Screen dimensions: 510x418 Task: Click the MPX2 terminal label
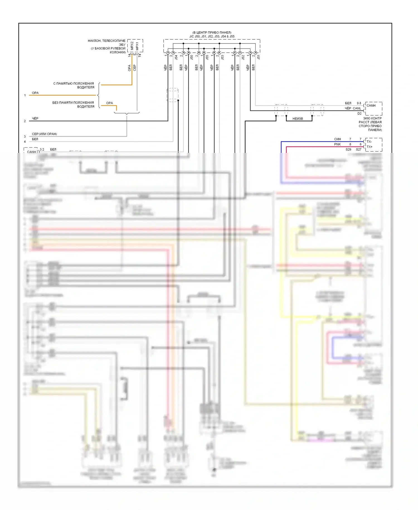(132, 46)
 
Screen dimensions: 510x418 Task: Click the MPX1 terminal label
(137, 46)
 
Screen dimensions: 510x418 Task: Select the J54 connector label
(176, 57)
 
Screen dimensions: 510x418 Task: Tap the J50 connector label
(192, 57)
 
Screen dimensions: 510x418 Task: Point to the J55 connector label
(207, 57)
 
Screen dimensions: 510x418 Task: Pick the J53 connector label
(222, 57)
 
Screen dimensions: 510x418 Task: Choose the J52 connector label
(243, 57)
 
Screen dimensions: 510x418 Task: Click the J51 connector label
(259, 57)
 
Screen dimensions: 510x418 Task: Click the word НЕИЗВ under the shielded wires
(298, 119)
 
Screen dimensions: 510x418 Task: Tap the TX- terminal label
(369, 142)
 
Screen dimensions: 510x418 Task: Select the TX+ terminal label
(370, 147)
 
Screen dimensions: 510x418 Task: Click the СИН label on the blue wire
(337, 139)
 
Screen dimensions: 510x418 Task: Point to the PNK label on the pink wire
(337, 144)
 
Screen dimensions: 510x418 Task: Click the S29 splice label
(348, 150)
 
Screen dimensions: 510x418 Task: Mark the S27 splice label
(359, 150)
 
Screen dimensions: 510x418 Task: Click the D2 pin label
(359, 114)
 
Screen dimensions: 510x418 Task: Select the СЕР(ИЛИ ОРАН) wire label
(44, 134)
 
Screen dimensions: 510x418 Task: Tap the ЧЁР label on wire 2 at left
(35, 119)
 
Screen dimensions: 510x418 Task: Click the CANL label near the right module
(357, 108)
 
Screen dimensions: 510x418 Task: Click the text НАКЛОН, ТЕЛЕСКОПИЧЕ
(106, 41)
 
